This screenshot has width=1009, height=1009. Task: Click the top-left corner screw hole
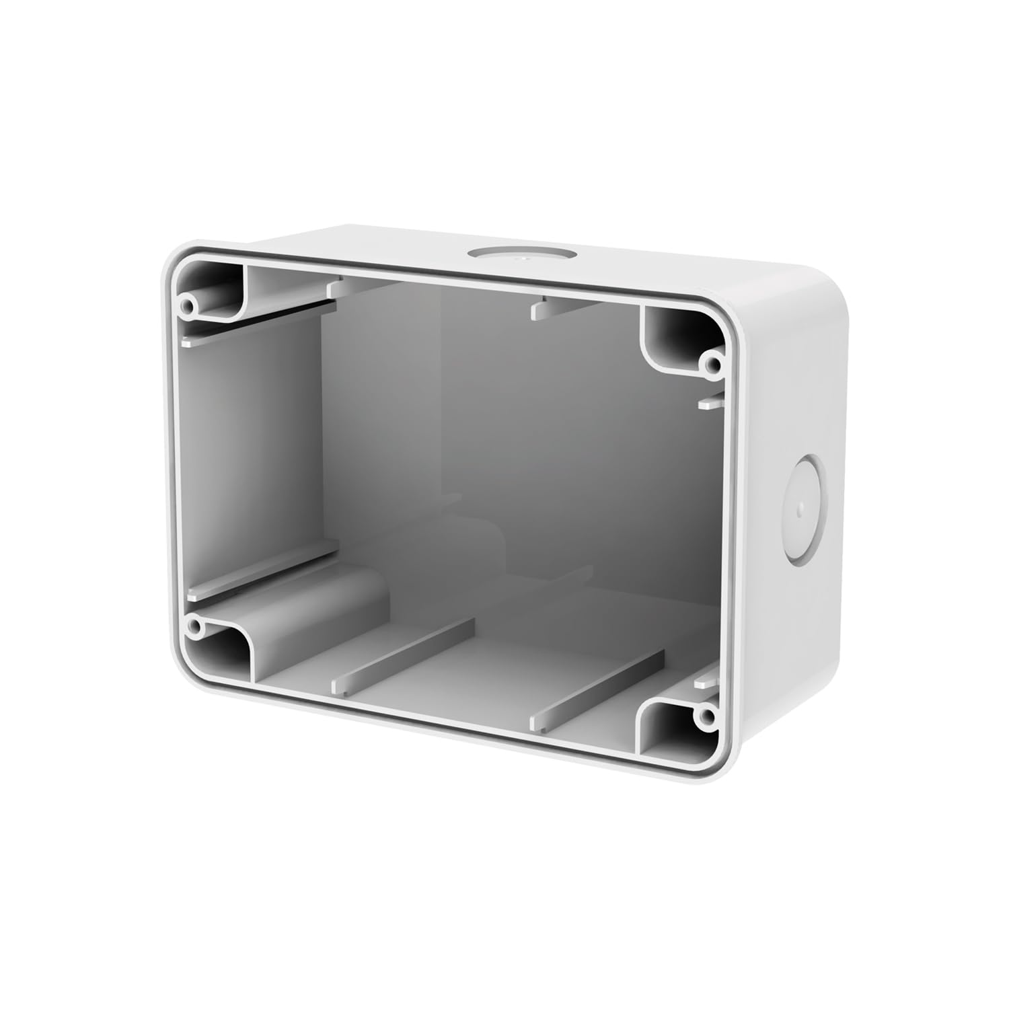[x=188, y=306]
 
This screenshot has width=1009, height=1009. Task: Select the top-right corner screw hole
[x=710, y=364]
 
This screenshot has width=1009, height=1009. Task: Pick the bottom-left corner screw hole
[x=194, y=628]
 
